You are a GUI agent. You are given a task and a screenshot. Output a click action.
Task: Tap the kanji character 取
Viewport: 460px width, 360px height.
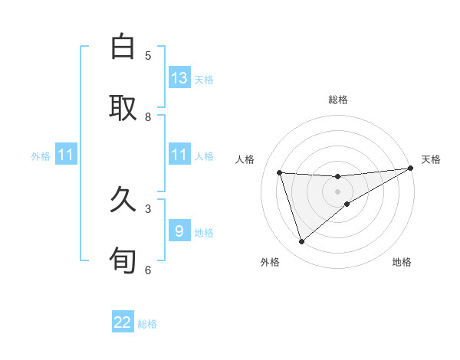coord(123,107)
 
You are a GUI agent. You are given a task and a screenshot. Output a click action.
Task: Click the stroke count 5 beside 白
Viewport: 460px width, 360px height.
coord(148,55)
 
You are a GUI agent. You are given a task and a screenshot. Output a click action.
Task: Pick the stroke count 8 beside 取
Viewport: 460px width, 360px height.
coord(148,116)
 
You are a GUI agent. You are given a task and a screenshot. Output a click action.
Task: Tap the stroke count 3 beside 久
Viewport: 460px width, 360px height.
coord(148,208)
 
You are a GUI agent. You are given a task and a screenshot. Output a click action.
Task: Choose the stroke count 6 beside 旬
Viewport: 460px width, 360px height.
coord(148,270)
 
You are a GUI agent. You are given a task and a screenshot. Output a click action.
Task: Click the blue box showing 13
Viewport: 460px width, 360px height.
coord(179,78)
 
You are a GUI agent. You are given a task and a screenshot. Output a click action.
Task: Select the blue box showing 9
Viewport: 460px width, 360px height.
coord(179,231)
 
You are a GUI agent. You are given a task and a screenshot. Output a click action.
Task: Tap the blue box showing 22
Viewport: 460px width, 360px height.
coord(123,322)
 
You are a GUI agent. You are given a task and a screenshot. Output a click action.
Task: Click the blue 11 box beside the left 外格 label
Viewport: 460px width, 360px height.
coord(66,155)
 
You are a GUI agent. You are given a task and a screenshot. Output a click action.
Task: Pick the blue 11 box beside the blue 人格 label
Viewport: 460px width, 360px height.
coord(179,155)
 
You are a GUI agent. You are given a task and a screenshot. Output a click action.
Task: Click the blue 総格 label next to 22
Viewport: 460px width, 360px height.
coord(147,323)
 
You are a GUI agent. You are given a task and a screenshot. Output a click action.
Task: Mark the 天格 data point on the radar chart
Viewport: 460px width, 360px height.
coord(410,169)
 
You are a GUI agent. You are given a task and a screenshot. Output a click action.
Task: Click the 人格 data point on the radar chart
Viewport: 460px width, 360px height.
coord(280,173)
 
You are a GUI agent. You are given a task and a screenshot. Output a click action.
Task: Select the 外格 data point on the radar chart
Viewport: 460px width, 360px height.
coord(301,242)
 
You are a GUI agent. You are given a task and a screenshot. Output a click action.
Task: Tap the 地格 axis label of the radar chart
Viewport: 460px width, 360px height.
coord(402,262)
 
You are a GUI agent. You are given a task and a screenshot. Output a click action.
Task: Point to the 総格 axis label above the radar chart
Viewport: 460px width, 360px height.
coord(338,100)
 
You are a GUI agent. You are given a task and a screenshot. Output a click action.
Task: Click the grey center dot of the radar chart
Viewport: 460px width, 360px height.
coord(338,191)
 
